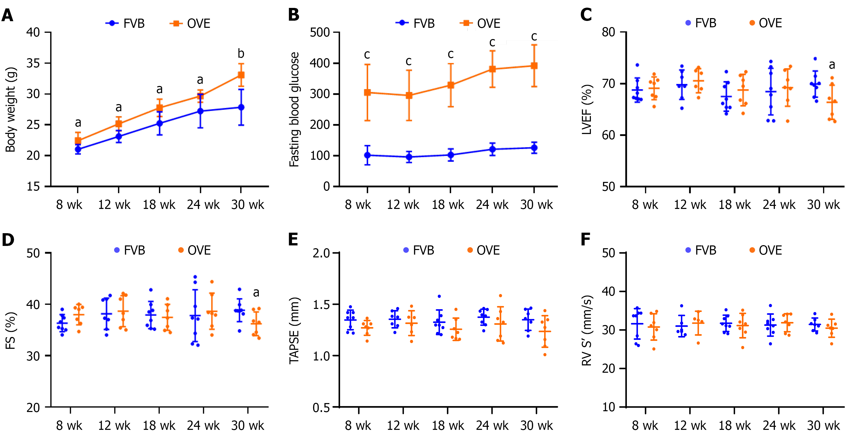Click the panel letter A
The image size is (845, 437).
point(8,15)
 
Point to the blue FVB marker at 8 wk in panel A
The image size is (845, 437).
point(78,149)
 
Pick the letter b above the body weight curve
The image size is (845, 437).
point(241,54)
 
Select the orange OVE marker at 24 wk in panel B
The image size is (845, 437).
point(492,69)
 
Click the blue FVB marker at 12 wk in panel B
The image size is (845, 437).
point(409,157)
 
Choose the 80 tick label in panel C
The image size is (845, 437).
point(608,32)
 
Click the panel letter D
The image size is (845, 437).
point(8,240)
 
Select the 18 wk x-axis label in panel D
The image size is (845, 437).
point(159,426)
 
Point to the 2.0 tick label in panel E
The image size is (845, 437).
point(321,253)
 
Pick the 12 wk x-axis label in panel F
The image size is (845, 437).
point(690,426)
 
